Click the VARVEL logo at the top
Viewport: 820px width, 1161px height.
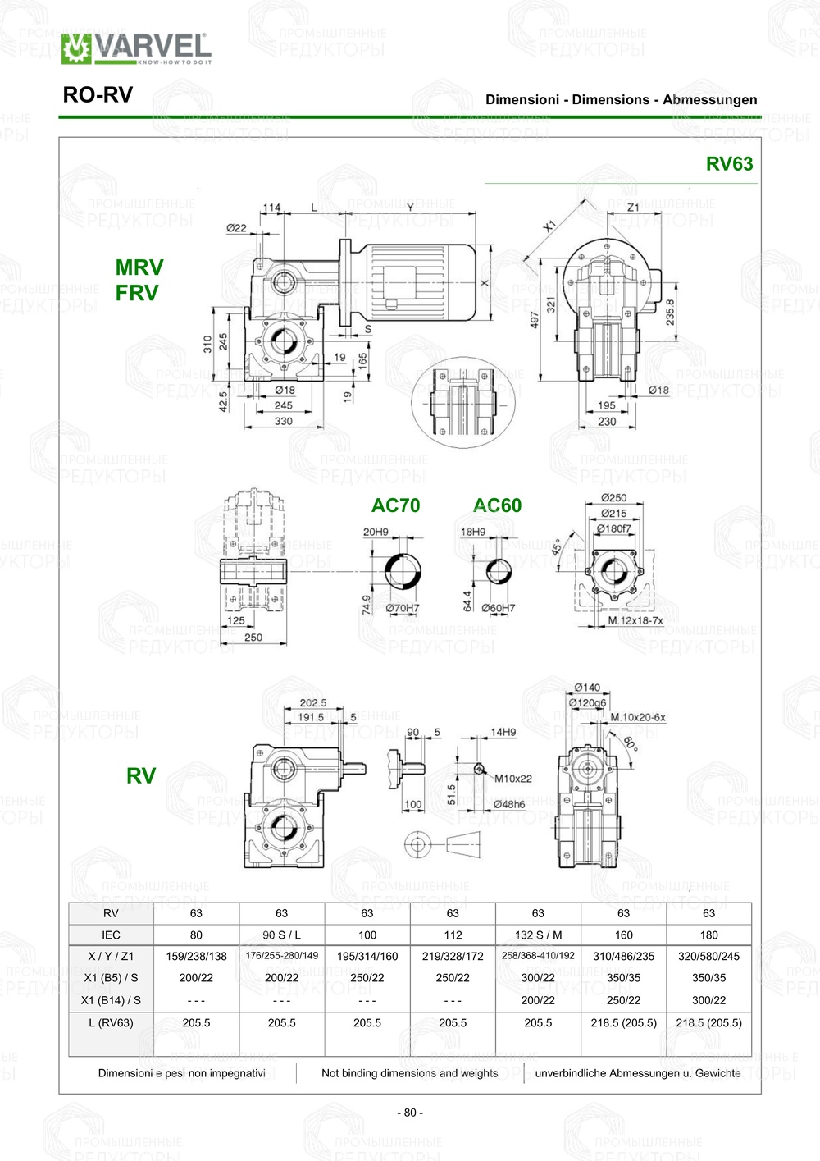click(x=136, y=48)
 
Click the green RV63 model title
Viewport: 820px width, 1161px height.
click(x=729, y=163)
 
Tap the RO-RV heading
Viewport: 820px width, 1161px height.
click(x=98, y=95)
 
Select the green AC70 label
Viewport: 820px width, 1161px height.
click(x=395, y=505)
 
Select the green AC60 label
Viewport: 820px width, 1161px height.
click(x=497, y=505)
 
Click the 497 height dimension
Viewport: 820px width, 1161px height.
click(x=535, y=320)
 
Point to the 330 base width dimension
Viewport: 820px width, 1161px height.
click(x=283, y=421)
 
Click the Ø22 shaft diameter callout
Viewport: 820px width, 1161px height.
click(x=236, y=228)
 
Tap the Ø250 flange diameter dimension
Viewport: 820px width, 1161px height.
click(x=613, y=497)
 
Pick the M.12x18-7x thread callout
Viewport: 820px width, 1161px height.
click(x=635, y=620)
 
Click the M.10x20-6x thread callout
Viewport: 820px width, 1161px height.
click(x=638, y=717)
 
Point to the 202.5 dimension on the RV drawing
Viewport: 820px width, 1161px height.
click(x=312, y=702)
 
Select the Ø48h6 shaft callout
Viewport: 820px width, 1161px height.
click(x=508, y=804)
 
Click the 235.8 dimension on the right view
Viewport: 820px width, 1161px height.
click(x=670, y=313)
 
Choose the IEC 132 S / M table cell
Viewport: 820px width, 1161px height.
click(x=538, y=935)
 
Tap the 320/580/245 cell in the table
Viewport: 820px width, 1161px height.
click(x=708, y=956)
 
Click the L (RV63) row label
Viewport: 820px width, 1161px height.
click(x=111, y=1022)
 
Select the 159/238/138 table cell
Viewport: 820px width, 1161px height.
click(x=196, y=956)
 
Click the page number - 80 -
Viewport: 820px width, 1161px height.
click(x=410, y=1113)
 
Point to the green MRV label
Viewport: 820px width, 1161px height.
click(x=139, y=267)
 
